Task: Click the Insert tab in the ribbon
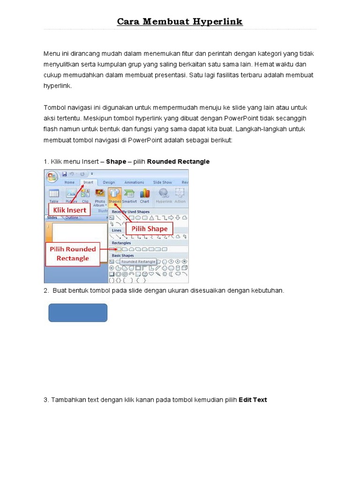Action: (x=88, y=182)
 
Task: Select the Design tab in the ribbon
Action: (x=109, y=182)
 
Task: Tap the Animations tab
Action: (x=134, y=182)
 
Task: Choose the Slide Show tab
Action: (x=162, y=182)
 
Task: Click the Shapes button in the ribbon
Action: (x=115, y=195)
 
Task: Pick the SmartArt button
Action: (x=129, y=195)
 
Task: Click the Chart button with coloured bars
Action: (x=144, y=195)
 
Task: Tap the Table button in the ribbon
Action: (x=54, y=195)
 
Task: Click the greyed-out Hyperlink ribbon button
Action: (x=164, y=195)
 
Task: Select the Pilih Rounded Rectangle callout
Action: (x=73, y=253)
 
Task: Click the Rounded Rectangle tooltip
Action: (x=138, y=261)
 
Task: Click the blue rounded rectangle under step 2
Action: (x=78, y=313)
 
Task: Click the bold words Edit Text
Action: (x=253, y=400)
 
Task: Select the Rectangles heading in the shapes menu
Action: (x=121, y=243)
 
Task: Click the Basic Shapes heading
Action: (x=123, y=255)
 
